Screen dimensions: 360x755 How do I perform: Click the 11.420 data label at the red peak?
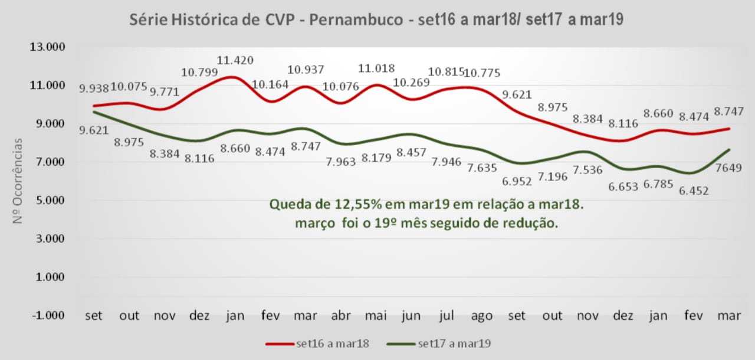coord(235,60)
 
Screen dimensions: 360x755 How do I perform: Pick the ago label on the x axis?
coord(482,316)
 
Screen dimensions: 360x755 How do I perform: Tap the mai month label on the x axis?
coord(375,316)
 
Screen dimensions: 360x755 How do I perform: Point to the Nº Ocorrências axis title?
coord(18,181)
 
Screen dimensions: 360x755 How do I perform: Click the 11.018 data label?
coord(376,68)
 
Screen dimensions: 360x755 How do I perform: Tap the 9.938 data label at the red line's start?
coord(94,89)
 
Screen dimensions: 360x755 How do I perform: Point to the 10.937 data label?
coord(306,70)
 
